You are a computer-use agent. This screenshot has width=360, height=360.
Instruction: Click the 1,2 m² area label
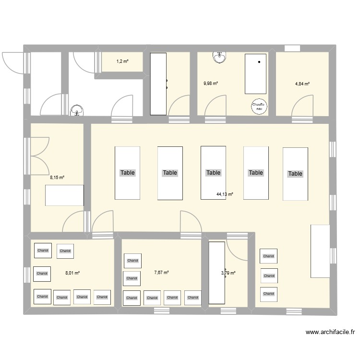click(122, 61)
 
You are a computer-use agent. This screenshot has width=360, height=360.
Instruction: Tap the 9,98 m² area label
click(211, 83)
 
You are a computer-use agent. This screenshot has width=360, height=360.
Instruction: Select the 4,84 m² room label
click(302, 84)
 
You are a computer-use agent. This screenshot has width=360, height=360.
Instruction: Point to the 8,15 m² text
click(57, 177)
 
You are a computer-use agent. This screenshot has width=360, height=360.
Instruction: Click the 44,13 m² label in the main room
click(225, 194)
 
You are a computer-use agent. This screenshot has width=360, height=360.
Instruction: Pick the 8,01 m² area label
click(72, 273)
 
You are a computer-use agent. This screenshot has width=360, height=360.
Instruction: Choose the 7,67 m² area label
click(161, 273)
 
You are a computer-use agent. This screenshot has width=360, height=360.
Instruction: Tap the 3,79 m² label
click(228, 273)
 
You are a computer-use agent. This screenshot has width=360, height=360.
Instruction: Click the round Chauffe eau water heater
click(259, 107)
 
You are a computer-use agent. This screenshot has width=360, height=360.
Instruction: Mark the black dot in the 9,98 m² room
click(259, 62)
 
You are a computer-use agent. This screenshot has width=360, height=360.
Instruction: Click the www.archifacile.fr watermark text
click(330, 332)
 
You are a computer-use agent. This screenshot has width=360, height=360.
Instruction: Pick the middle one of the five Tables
click(213, 173)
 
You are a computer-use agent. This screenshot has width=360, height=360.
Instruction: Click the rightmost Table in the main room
click(295, 173)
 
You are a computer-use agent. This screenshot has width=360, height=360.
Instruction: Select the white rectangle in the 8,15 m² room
click(65, 195)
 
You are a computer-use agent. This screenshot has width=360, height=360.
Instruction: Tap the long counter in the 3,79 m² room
click(217, 273)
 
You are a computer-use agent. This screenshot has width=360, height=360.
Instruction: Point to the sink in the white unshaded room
click(76, 111)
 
